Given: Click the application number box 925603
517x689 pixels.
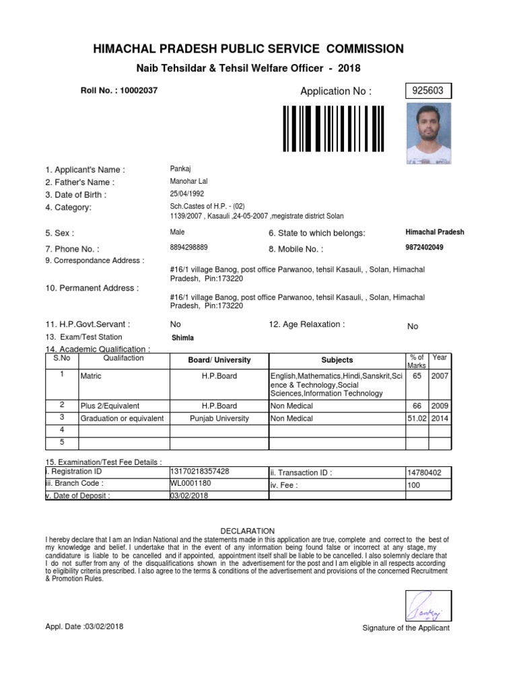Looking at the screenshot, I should tap(428, 91).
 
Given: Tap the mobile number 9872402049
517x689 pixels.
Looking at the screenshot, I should tap(424, 248).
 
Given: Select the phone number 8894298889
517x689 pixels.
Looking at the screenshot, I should tap(189, 248).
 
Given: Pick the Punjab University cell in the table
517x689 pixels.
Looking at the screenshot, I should tap(219, 418).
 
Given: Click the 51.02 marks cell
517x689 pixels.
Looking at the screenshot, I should tap(417, 418).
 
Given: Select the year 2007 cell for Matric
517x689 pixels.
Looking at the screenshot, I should tap(440, 376).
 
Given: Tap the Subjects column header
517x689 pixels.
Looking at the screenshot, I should tap(337, 360).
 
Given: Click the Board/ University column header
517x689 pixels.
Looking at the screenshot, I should tap(219, 360).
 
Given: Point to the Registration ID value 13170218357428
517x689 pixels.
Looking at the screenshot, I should tap(200, 471).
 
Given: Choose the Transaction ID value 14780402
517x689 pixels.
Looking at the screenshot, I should tap(424, 473).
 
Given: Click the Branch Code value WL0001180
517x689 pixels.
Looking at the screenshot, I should tap(191, 483).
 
